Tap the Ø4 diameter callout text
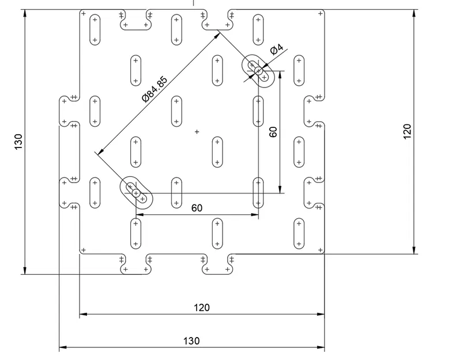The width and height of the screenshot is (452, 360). [277, 50]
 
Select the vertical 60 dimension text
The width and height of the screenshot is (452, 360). [273, 131]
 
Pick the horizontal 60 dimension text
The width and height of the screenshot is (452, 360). [197, 208]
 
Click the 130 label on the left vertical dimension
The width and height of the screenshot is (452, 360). [18, 142]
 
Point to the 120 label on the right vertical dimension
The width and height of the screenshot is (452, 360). [407, 132]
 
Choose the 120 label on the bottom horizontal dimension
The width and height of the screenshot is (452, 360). [202, 308]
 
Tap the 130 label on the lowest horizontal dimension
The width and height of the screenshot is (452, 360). [191, 341]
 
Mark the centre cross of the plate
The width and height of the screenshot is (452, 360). [197, 132]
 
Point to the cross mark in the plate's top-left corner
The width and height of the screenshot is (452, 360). [84, 13]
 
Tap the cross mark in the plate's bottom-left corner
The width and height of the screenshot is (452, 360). [84, 250]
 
